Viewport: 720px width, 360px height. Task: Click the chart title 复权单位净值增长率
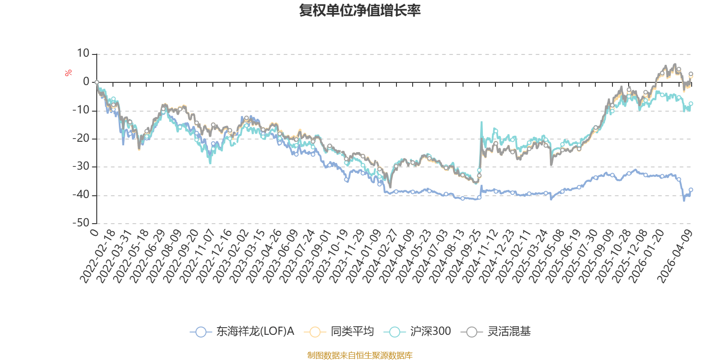pyautogui.click(x=360, y=10)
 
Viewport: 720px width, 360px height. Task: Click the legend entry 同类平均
pyautogui.click(x=339, y=332)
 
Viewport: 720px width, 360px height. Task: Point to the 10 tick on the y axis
pyautogui.click(x=83, y=54)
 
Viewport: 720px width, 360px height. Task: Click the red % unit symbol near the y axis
pyautogui.click(x=68, y=73)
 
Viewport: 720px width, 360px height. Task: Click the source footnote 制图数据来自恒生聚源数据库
pyautogui.click(x=360, y=355)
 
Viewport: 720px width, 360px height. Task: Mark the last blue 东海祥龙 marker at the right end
pyautogui.click(x=691, y=190)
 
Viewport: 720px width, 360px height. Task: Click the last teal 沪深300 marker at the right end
pyautogui.click(x=691, y=103)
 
